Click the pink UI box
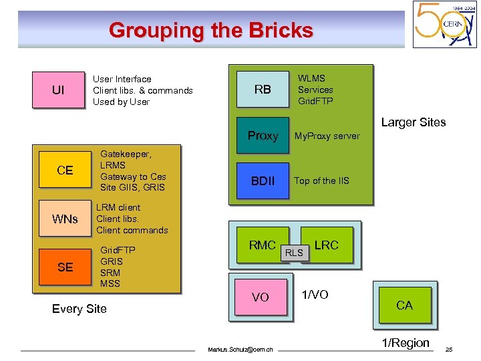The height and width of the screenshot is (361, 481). [x=58, y=90]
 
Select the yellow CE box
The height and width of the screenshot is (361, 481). [x=65, y=170]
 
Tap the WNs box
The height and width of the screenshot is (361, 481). [x=65, y=219]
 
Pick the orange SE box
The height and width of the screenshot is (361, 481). [x=65, y=267]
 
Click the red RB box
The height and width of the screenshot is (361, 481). [x=263, y=89]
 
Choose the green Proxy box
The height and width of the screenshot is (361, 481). [x=263, y=136]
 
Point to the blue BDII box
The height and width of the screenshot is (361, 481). [x=263, y=180]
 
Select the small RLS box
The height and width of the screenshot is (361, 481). [x=294, y=252]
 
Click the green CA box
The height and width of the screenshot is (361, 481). [x=404, y=306]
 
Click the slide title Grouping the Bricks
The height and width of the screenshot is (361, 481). [x=210, y=30]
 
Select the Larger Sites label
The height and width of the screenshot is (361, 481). [x=413, y=122]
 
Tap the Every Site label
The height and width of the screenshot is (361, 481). [x=79, y=308]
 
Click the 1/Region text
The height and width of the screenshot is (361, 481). [x=406, y=343]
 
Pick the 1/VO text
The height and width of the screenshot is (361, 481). [x=315, y=295]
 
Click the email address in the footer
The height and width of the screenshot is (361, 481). [x=240, y=350]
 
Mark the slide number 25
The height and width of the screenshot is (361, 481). [x=449, y=350]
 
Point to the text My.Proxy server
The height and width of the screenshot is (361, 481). [x=327, y=136]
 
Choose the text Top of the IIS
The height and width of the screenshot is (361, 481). [x=321, y=180]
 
